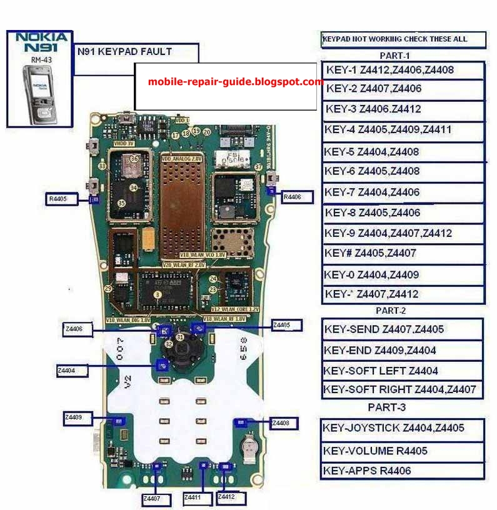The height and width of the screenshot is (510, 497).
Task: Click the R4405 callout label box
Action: pyautogui.click(x=62, y=199)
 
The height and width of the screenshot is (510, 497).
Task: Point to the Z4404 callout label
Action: pyautogui.click(x=72, y=371)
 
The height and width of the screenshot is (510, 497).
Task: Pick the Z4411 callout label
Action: pyautogui.click(x=197, y=498)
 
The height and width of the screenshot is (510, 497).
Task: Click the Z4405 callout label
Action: pyautogui.click(x=286, y=325)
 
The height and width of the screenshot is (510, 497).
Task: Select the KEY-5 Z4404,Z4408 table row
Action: pyautogui.click(x=403, y=152)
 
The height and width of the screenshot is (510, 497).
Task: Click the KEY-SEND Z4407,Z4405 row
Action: pyautogui.click(x=402, y=329)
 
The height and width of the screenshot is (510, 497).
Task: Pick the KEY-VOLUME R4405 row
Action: pyautogui.click(x=402, y=451)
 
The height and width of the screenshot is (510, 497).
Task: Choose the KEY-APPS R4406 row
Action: pyautogui.click(x=402, y=471)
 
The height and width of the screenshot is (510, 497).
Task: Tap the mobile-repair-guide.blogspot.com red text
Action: pyautogui.click(x=236, y=82)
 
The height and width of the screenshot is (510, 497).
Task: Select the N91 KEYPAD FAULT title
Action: pyautogui.click(x=124, y=52)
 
